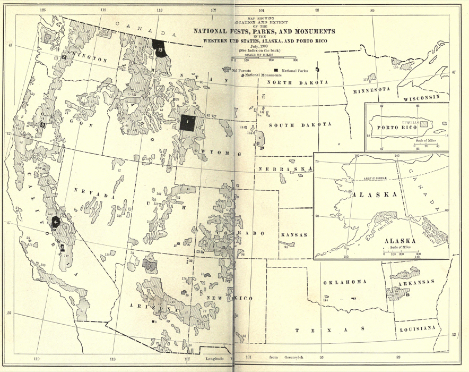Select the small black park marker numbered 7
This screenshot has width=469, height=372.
64,56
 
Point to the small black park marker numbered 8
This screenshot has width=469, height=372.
42,124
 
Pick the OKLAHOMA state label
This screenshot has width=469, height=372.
345,282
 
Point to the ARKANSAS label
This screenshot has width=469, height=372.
419,282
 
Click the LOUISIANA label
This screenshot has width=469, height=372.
418,329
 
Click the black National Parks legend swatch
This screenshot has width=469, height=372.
276,70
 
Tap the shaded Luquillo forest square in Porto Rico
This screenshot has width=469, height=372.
423,123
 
